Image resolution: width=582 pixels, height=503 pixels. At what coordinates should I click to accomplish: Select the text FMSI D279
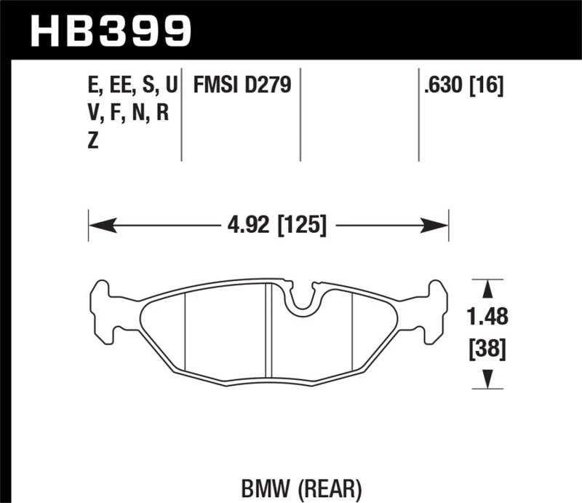[x=242, y=87]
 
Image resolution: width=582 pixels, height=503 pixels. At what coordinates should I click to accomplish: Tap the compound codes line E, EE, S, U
[x=131, y=87]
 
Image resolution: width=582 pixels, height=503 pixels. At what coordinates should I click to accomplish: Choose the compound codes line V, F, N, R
[x=127, y=114]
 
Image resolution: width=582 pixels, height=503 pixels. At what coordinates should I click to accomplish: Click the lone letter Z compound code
[x=92, y=141]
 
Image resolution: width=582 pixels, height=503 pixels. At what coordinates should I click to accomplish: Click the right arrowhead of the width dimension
[x=442, y=225]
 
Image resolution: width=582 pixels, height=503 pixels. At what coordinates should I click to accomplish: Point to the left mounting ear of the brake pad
[x=102, y=310]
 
